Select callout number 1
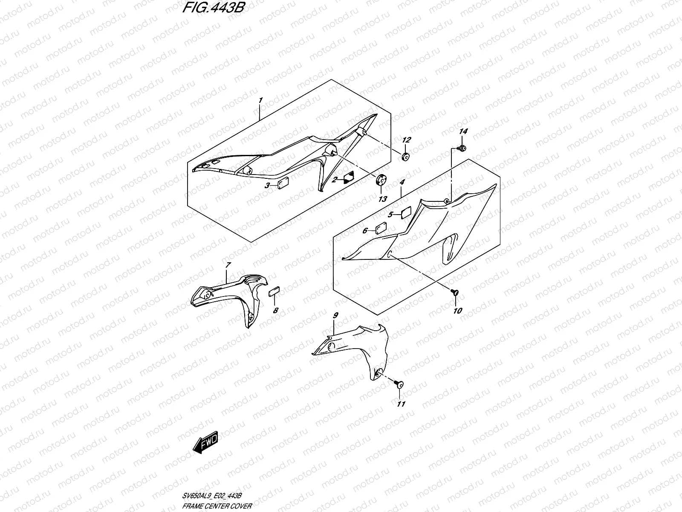[x=260, y=100]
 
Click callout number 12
[x=406, y=140]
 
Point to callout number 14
[x=463, y=132]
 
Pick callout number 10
[x=457, y=311]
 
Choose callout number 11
[x=401, y=404]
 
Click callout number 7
[x=228, y=265]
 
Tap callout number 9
[x=335, y=316]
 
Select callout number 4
[x=402, y=182]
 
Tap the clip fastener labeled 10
[x=454, y=292]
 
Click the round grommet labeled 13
[x=381, y=180]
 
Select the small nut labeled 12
[x=406, y=157]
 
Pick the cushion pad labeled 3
[x=282, y=184]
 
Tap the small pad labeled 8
[x=273, y=291]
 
